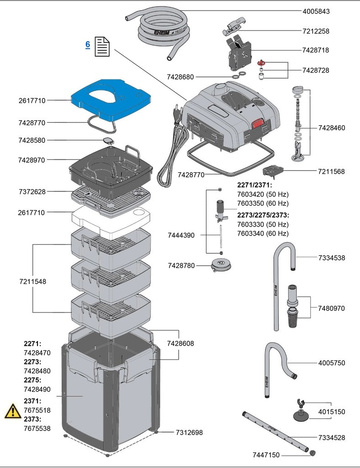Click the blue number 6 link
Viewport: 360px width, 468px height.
pyautogui.click(x=87, y=45)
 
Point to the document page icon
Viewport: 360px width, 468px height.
pyautogui.click(x=102, y=47)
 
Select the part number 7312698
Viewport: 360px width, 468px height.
pyautogui.click(x=189, y=432)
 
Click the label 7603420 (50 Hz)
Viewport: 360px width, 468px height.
pyautogui.click(x=263, y=194)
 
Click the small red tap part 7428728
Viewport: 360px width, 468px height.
pyautogui.click(x=262, y=62)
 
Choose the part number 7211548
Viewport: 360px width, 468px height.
pyautogui.click(x=32, y=281)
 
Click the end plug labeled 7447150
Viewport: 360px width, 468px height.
pyautogui.click(x=313, y=452)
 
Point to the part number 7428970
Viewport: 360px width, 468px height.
pyautogui.click(x=32, y=160)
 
